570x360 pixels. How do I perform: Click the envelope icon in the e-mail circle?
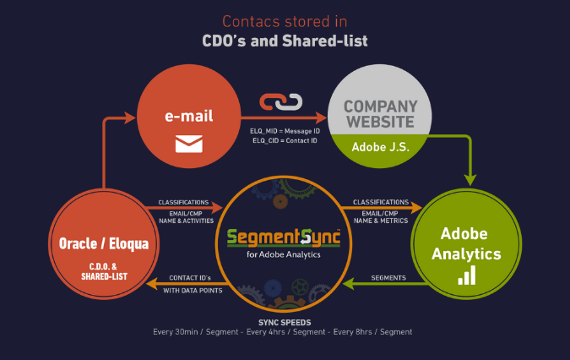(189, 145)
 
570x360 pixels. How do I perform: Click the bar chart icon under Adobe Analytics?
(466, 275)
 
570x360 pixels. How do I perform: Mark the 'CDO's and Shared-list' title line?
(285, 40)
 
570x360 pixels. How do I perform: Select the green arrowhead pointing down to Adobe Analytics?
(470, 179)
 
